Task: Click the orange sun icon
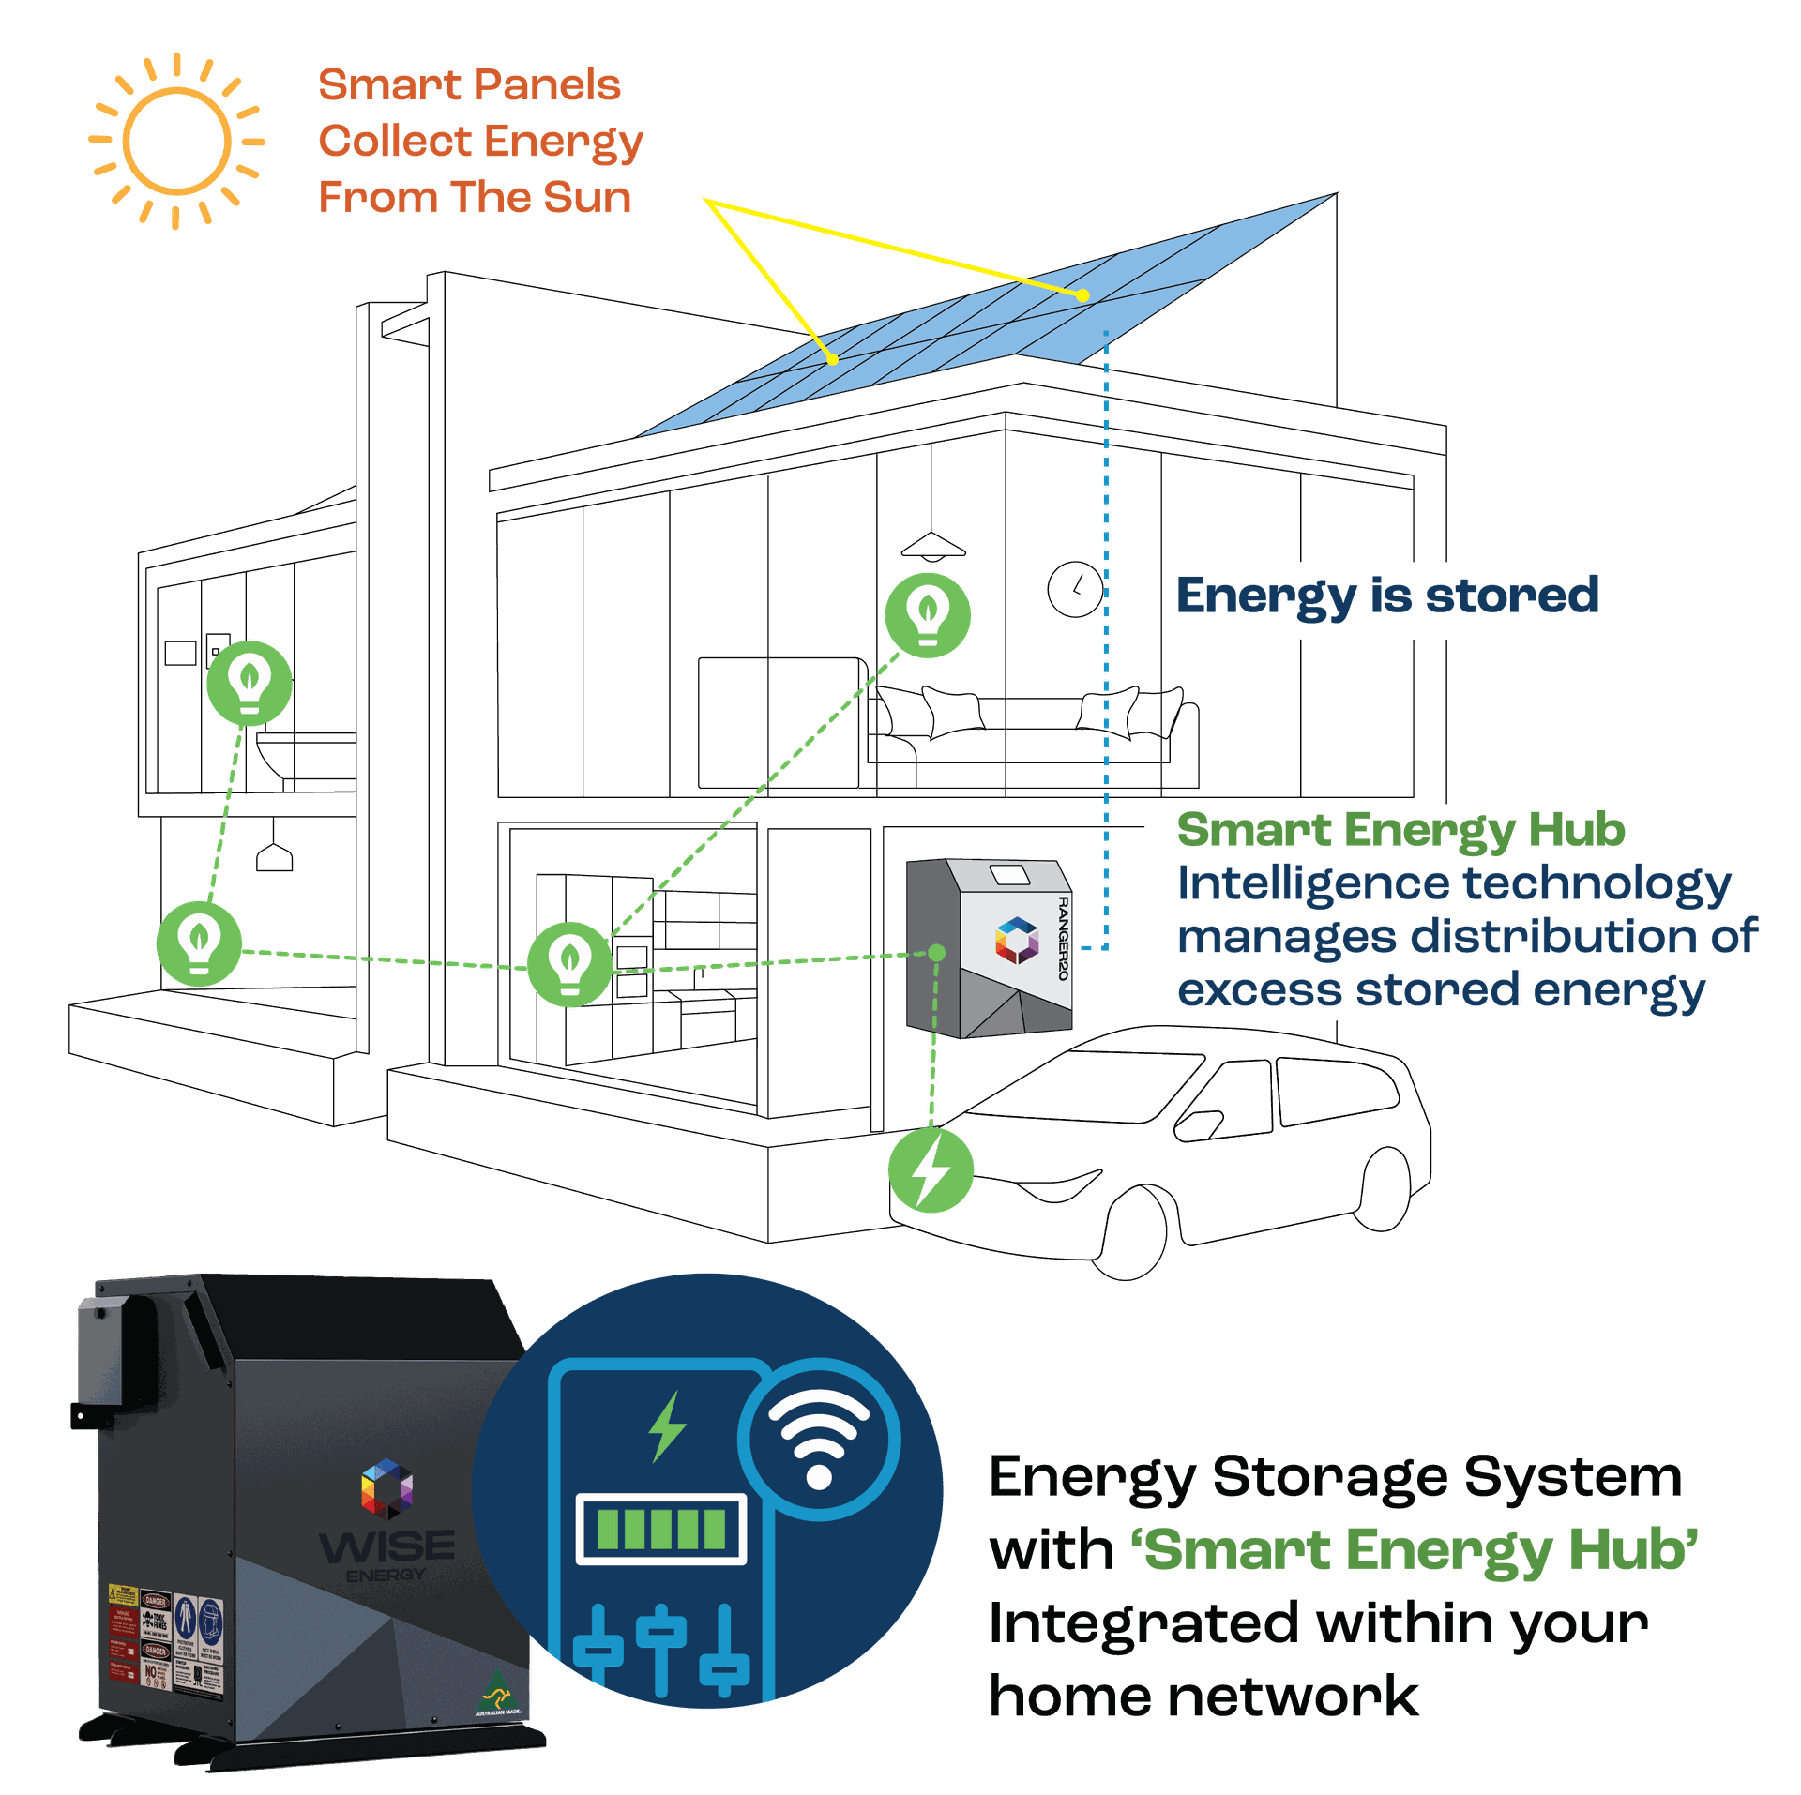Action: click(x=176, y=142)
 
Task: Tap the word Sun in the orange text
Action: click(x=586, y=198)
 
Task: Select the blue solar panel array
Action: click(x=985, y=319)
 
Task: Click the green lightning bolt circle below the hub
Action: click(x=931, y=1169)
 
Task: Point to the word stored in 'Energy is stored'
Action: click(x=1511, y=596)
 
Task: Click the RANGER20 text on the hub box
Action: click(x=1063, y=938)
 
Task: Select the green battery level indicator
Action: click(x=661, y=1531)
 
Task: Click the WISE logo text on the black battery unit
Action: click(x=386, y=1546)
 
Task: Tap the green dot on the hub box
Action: click(x=936, y=953)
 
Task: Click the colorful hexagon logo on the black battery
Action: click(x=386, y=1487)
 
